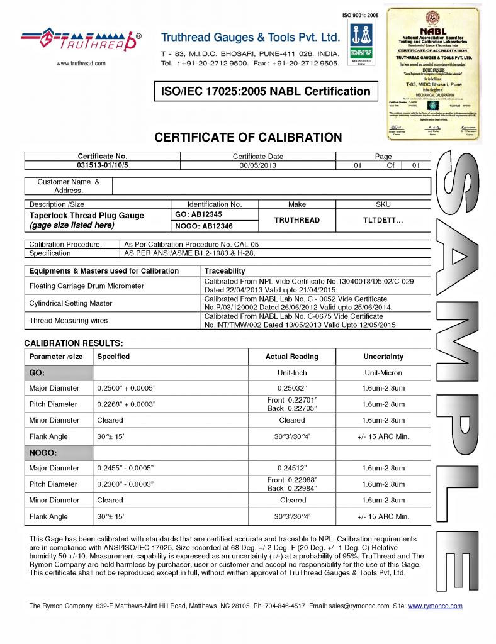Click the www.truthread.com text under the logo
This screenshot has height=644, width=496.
point(81,63)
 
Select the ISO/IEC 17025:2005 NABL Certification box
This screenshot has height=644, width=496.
point(267,91)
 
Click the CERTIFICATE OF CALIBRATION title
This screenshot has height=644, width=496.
point(249,137)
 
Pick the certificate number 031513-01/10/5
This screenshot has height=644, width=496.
point(103,165)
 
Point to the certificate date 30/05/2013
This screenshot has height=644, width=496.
point(258,165)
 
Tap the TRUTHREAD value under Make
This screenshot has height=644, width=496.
point(297,220)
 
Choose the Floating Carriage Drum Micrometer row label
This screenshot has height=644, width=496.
point(87,286)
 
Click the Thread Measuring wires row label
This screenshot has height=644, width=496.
point(69,320)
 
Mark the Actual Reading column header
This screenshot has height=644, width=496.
point(292,357)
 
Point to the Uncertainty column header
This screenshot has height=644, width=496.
point(383,357)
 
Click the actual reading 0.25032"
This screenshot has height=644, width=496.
point(292,388)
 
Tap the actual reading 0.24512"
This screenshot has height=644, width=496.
point(292,468)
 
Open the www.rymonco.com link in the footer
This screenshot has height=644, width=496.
point(435,606)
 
